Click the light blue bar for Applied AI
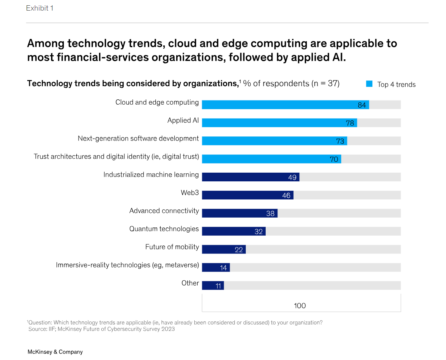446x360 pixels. [279, 123]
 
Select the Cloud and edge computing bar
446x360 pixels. [285, 105]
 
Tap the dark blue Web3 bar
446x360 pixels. [247, 195]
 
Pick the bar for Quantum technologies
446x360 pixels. [233, 231]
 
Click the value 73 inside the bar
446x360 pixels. [340, 141]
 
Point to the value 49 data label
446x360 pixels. [292, 177]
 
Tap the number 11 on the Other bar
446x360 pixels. [218, 286]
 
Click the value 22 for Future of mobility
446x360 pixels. [238, 250]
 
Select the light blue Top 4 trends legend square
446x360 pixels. [369, 84]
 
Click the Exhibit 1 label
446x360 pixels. [40, 8]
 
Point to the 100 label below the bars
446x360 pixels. [300, 306]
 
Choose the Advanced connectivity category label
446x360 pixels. [164, 211]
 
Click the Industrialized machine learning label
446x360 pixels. [151, 175]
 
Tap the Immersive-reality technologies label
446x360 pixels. [127, 265]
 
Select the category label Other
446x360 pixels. [190, 283]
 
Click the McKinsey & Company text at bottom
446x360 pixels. [55, 352]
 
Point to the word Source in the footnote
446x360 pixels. [37, 329]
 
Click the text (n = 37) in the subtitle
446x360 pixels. [325, 83]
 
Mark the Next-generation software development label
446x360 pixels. [138, 138]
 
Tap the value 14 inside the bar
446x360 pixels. [223, 268]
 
